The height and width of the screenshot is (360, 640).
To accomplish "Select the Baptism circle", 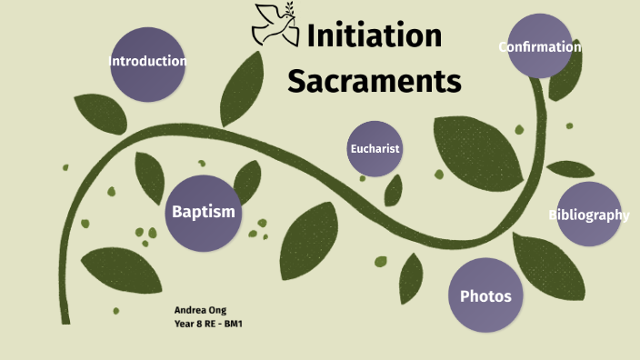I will [204, 211].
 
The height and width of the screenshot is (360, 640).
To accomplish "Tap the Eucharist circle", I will [375, 148].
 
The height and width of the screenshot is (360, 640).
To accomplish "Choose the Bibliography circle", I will [588, 215].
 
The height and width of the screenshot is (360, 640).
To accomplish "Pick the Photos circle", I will [485, 295].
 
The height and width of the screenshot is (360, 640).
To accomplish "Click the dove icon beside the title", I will [275, 25].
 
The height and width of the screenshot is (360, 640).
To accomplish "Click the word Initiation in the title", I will [374, 36].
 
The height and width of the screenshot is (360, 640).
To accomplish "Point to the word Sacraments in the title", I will [375, 82].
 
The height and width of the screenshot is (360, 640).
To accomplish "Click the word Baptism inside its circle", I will [204, 212].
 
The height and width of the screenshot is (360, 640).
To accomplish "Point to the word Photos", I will [485, 296].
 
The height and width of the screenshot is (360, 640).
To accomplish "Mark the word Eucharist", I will [375, 149].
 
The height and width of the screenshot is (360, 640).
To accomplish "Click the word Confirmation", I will [539, 46].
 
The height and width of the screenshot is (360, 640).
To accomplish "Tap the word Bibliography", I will [588, 215].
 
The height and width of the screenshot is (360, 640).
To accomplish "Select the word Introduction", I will [147, 62].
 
